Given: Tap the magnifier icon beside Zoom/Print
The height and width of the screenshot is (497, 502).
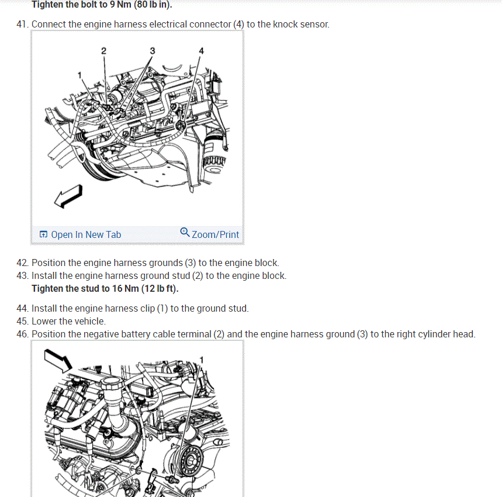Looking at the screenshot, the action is point(185,232).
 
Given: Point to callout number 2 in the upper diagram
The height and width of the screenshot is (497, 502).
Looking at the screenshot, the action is point(103,51).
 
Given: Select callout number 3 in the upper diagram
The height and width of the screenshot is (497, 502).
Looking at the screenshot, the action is point(153,51).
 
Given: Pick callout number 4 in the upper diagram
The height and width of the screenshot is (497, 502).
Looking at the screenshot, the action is point(201,51).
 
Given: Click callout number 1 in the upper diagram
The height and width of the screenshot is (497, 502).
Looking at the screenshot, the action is point(79,75).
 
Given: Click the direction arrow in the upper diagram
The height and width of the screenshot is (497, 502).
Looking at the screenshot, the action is point(68,196).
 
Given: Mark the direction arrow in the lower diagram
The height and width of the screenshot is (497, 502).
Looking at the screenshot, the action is point(58,361).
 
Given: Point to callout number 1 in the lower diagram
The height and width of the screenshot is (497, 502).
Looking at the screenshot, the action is point(202,360).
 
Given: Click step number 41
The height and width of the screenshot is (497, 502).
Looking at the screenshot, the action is point(22,25).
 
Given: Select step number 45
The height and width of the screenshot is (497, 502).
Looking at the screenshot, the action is point(22,321).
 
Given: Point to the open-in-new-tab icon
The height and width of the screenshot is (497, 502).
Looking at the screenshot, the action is point(43,234).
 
